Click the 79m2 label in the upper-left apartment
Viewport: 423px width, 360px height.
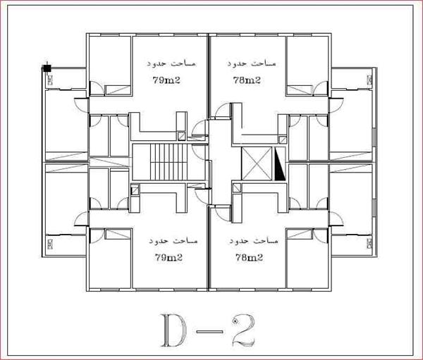tap(166, 80)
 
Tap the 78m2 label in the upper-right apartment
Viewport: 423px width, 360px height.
tap(247, 80)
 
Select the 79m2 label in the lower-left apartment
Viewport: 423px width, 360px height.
tap(168, 257)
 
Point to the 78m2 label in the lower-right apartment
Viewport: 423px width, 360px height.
tap(249, 257)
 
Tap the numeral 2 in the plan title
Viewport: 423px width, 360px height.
tap(243, 330)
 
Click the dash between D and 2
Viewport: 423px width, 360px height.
tap(209, 332)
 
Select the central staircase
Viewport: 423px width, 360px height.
tap(168, 162)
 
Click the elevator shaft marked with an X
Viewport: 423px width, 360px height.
tap(257, 163)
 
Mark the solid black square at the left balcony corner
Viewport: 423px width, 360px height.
tap(47, 68)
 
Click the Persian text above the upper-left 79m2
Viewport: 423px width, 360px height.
tap(171, 63)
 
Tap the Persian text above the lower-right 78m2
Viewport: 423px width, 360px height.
tap(254, 241)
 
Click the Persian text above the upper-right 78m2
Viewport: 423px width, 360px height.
tap(252, 63)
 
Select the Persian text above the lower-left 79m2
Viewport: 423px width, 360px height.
tap(173, 241)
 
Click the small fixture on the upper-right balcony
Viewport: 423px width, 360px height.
tap(369, 80)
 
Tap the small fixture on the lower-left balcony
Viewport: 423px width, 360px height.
tap(50, 244)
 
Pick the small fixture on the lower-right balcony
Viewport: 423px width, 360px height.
tap(369, 244)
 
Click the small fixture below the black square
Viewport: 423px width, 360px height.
tap(50, 80)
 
